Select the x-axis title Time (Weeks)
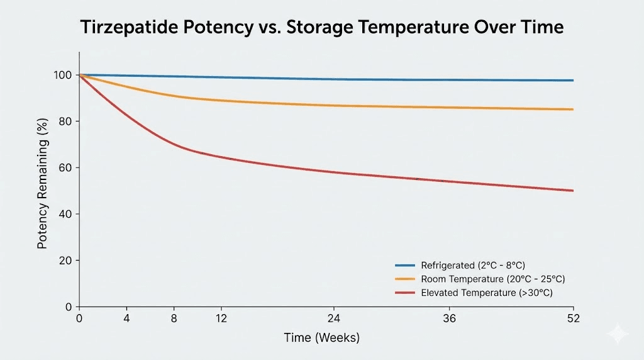point(321,338)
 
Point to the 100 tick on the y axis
point(64,75)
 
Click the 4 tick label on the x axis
point(126,318)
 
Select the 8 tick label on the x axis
point(174,318)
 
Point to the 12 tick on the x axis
point(221,318)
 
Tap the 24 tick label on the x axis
point(334,318)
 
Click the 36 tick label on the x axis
point(450,318)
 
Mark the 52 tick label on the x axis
point(572,318)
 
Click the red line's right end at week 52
point(572,190)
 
